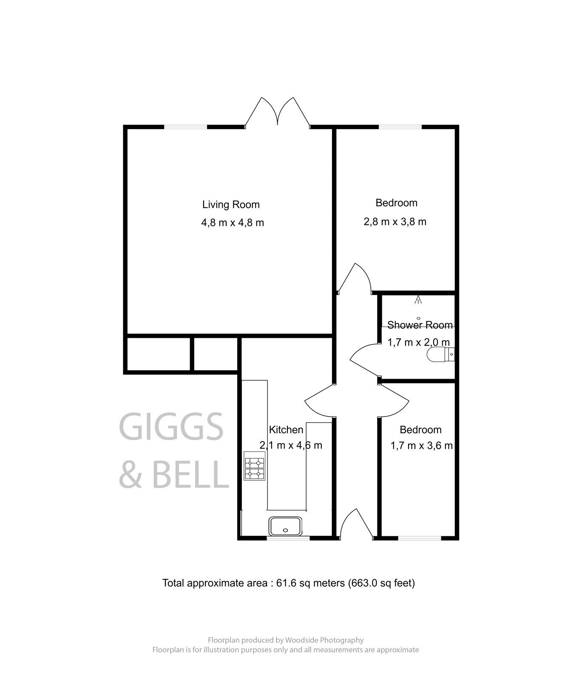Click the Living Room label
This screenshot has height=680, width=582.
click(x=231, y=205)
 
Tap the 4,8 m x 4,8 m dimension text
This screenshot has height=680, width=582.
click(x=233, y=223)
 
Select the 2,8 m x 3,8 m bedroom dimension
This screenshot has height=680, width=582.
click(x=395, y=222)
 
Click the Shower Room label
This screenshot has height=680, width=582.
click(x=420, y=326)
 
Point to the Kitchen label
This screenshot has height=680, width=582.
click(x=286, y=430)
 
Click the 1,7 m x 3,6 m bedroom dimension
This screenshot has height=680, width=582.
click(x=421, y=446)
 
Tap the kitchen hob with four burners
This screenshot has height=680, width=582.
click(x=254, y=466)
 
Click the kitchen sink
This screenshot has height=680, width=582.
click(x=285, y=526)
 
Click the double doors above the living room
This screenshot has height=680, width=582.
click(x=278, y=112)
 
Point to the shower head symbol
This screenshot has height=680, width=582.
click(x=418, y=300)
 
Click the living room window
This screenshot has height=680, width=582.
click(x=186, y=127)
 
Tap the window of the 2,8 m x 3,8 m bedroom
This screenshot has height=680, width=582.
click(x=400, y=127)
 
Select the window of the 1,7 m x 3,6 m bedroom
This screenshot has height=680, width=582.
click(x=420, y=538)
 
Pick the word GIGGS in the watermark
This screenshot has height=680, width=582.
click(x=171, y=426)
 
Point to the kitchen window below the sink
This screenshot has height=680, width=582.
click(x=288, y=538)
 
